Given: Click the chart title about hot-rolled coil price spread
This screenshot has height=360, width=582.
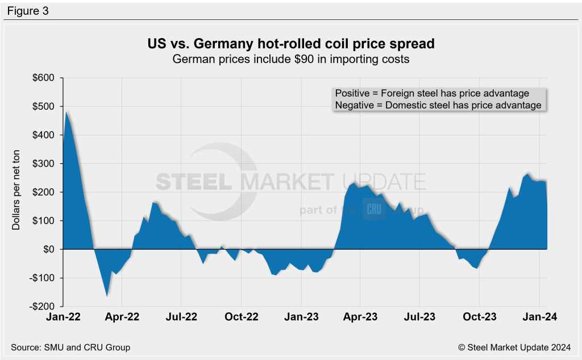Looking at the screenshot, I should click(290, 44).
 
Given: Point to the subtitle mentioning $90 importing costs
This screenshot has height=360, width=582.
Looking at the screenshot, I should click(290, 59).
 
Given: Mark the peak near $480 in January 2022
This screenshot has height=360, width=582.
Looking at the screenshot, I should click(67, 111).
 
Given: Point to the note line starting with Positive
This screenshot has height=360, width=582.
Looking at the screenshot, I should click(432, 93).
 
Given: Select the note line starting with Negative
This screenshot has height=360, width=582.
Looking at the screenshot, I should click(438, 105).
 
